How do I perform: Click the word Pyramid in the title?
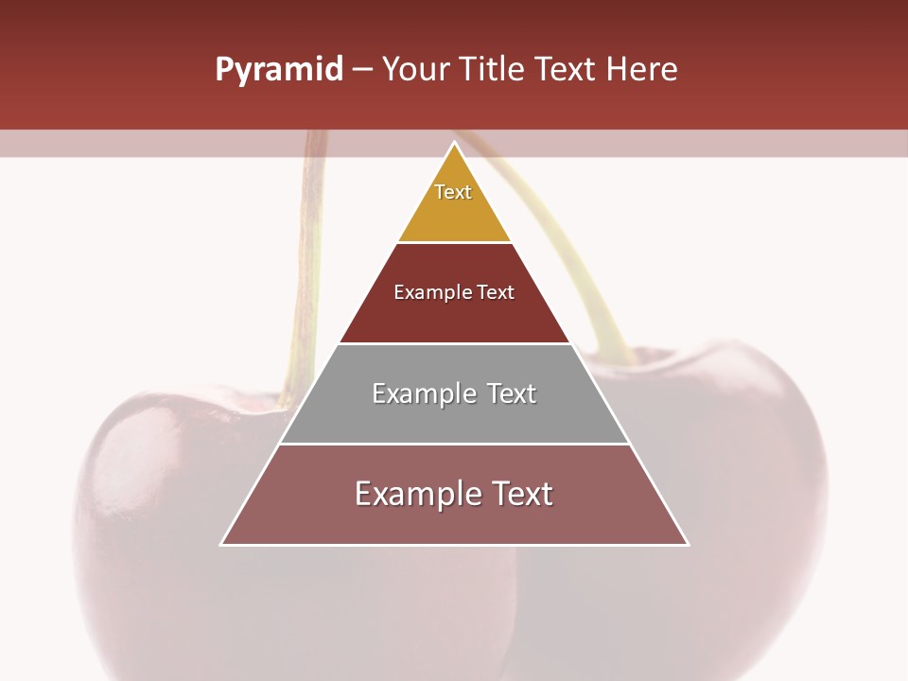[278, 70]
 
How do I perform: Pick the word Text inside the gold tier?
[453, 192]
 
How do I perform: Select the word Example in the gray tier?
[422, 393]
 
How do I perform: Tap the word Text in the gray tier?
[512, 393]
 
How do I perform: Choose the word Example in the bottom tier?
[415, 494]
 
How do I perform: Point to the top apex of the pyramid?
[455, 143]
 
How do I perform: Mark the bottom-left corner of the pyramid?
[221, 545]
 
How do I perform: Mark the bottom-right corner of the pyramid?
[688, 545]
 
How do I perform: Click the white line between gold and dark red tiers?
[455, 243]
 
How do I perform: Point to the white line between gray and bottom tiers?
[455, 444]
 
